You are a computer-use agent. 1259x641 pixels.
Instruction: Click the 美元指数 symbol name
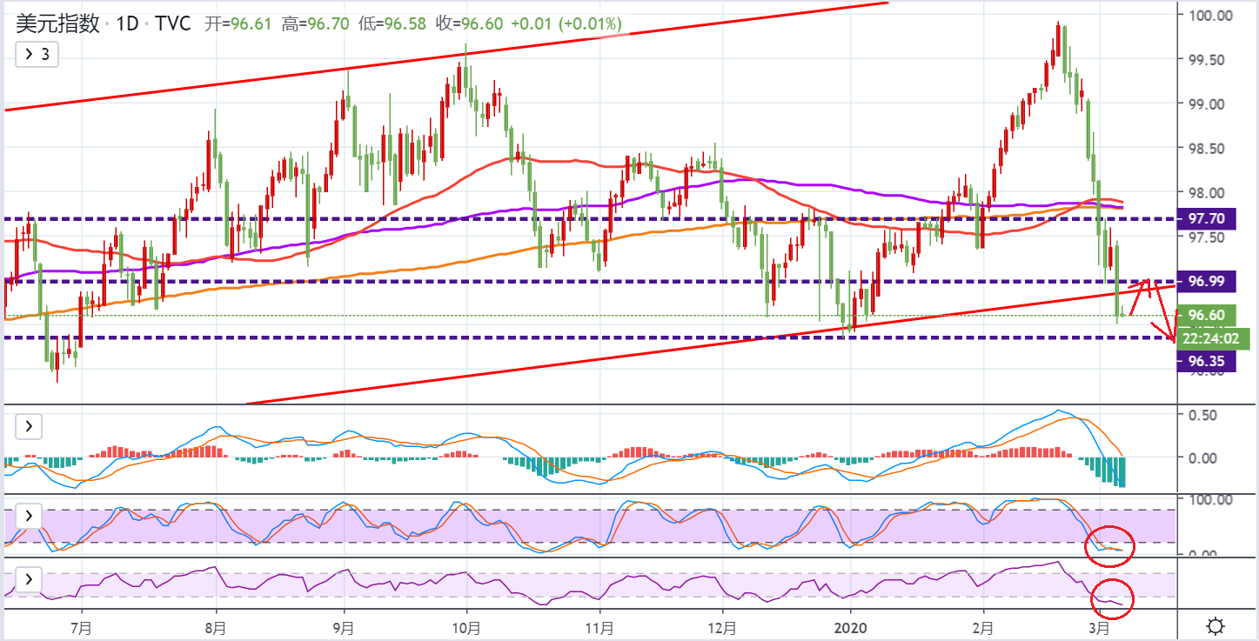pos(57,23)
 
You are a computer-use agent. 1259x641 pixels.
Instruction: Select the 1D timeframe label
pos(127,23)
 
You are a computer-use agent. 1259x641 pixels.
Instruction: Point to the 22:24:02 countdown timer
pos(1212,337)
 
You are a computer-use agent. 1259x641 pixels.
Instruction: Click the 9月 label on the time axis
pos(345,626)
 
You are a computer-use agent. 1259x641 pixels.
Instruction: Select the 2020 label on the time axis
pos(850,626)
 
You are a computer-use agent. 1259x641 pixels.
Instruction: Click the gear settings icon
pos(1216,626)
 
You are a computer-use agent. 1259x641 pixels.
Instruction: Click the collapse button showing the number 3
pos(37,54)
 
